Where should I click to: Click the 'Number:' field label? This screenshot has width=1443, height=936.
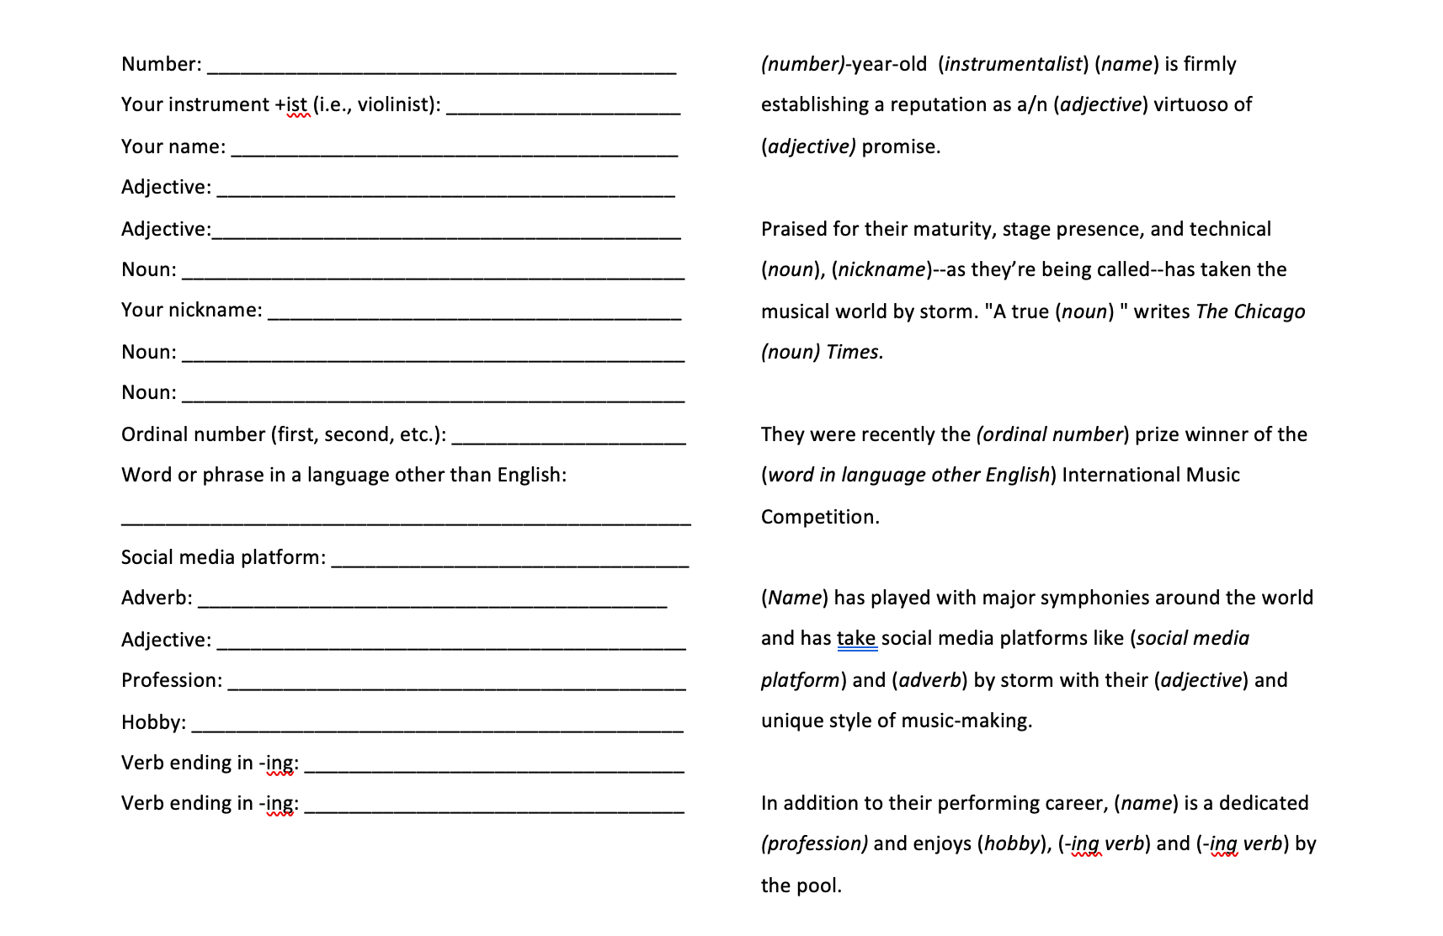coord(161,65)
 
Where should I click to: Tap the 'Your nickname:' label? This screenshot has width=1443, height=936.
coord(191,311)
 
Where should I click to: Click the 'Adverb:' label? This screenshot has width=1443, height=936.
coord(157,598)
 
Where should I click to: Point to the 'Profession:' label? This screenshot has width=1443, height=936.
coord(172,681)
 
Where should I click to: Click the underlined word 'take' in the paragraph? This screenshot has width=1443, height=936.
coord(856,639)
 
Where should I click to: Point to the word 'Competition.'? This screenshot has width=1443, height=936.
coord(820,518)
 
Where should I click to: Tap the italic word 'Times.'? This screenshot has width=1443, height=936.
coord(855,353)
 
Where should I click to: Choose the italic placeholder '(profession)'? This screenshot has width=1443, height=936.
coord(814,844)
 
